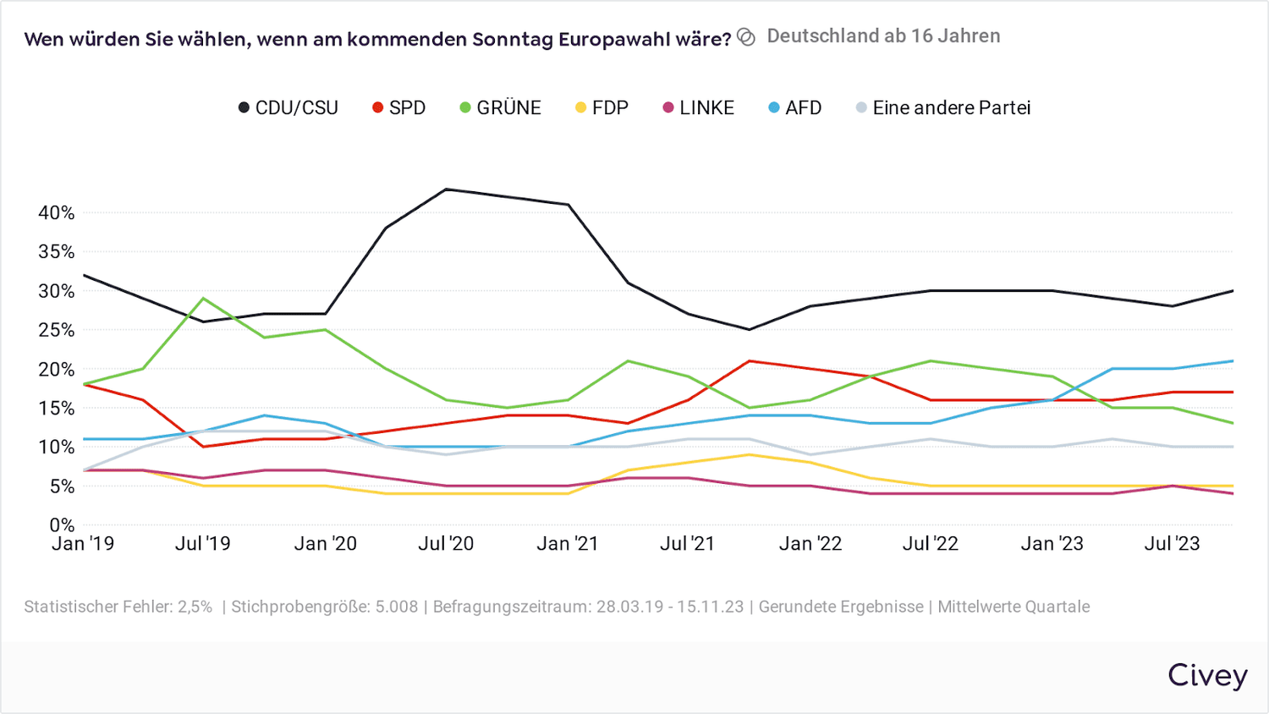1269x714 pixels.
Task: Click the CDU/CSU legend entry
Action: click(x=288, y=108)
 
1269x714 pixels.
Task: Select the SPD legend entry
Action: click(x=399, y=108)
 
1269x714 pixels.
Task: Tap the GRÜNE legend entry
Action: click(x=500, y=108)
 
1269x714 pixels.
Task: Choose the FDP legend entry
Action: click(x=602, y=108)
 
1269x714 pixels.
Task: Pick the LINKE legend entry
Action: click(x=698, y=108)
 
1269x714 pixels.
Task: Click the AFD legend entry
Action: click(x=795, y=108)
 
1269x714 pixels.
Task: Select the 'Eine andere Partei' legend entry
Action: click(x=943, y=108)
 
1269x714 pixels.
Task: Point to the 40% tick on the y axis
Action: click(x=56, y=213)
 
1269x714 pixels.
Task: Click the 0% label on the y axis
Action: click(x=61, y=525)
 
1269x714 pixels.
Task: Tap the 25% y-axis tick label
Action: click(x=56, y=330)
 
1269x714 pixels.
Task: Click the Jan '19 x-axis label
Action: click(x=83, y=544)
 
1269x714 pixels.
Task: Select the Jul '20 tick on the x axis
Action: click(x=446, y=544)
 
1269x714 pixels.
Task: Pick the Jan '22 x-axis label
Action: click(x=810, y=544)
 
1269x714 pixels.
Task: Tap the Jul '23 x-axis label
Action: click(x=1172, y=544)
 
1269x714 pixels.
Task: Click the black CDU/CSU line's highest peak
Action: click(x=446, y=189)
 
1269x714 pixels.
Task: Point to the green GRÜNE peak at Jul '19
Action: click(x=203, y=299)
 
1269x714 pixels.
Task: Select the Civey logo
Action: click(x=1207, y=675)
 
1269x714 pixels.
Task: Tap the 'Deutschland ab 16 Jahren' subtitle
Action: click(x=883, y=36)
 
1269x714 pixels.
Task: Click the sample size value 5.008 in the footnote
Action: click(x=397, y=607)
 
